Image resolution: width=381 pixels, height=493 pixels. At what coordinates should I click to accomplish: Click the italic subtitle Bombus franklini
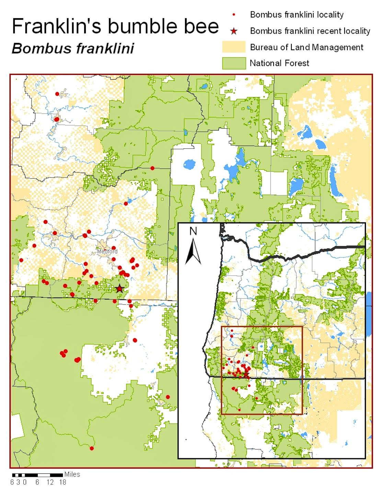(x=73, y=48)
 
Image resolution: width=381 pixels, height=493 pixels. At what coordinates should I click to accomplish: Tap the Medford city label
(x=107, y=252)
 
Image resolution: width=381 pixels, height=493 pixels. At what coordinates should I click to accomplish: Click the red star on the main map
(x=119, y=289)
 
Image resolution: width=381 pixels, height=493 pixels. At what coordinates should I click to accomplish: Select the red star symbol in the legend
(x=234, y=32)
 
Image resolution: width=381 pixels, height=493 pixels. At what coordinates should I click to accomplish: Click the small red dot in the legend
(x=234, y=15)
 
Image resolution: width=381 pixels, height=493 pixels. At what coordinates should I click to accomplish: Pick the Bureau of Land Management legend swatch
(x=234, y=47)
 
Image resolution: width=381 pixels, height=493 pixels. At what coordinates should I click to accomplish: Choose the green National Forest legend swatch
(x=234, y=63)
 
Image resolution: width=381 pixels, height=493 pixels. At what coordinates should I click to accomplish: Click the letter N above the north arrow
(x=193, y=231)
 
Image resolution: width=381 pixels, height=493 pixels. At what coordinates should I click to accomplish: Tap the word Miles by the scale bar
(x=72, y=474)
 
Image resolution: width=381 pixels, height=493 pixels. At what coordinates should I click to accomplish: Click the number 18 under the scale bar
(x=62, y=482)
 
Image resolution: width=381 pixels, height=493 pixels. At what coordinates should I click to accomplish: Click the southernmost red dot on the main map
(x=92, y=448)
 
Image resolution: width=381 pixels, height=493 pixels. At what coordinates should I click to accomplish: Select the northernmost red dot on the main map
(x=57, y=94)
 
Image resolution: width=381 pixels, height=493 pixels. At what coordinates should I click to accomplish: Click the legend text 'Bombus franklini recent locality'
(x=310, y=31)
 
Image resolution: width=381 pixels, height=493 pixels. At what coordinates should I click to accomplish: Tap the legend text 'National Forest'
(x=279, y=63)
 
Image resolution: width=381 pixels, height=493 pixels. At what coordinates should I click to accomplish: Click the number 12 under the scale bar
(x=50, y=482)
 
